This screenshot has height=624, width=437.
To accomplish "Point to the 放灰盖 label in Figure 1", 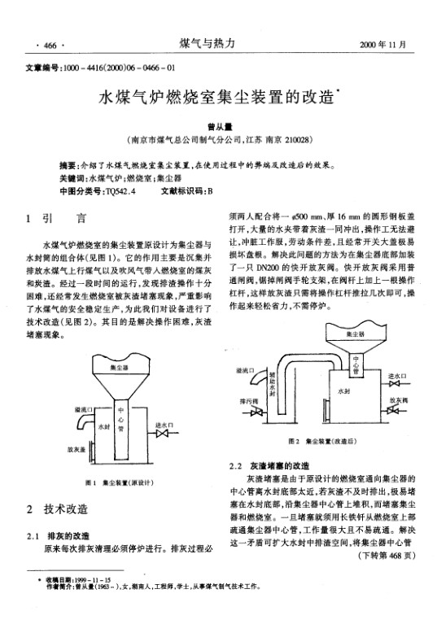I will pos(78,448).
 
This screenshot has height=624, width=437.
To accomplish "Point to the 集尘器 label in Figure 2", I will pos(356,334).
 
